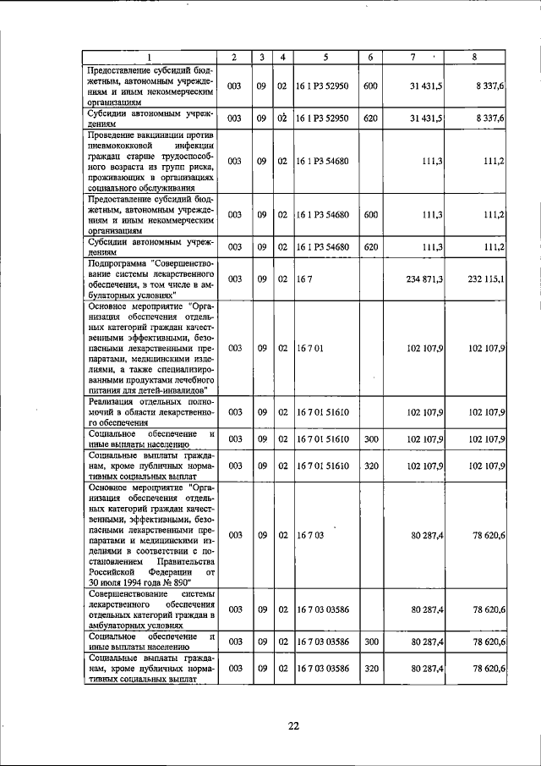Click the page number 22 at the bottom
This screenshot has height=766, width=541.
[292, 725]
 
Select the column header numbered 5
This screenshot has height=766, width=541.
[325, 57]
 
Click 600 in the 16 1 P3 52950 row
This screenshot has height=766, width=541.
[369, 86]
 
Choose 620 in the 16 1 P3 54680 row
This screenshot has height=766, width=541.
[369, 246]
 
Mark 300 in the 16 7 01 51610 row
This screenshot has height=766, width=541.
[369, 438]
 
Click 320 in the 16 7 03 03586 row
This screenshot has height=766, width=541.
[369, 669]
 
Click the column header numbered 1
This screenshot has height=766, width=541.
[150, 57]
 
